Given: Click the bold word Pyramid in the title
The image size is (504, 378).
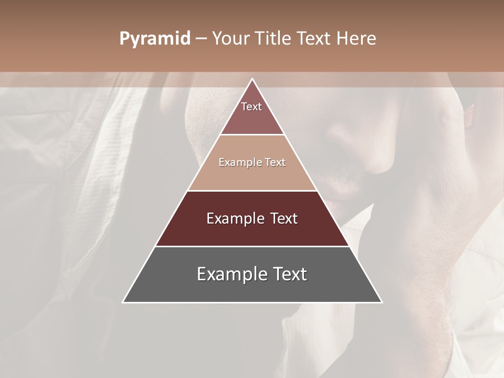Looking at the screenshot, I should (x=155, y=39).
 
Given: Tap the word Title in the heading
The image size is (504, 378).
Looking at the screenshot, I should (x=274, y=39).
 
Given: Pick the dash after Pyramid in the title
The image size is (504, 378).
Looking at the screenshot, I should (x=201, y=39).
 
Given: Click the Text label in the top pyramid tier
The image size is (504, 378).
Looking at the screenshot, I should (x=251, y=107).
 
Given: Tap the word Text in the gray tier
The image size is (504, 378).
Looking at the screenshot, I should (x=286, y=274).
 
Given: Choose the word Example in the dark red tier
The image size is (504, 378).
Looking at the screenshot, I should (x=234, y=218).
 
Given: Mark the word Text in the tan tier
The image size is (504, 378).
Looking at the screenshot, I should (x=276, y=162).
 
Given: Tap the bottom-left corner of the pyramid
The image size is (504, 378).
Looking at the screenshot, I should (x=123, y=302).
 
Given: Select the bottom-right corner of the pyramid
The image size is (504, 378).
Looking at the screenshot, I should (x=382, y=302).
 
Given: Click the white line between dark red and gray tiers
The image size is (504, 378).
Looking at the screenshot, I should (x=253, y=246).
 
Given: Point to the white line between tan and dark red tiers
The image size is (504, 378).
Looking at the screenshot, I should (x=253, y=191).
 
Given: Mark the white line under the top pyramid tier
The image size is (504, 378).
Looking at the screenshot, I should (x=253, y=135).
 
